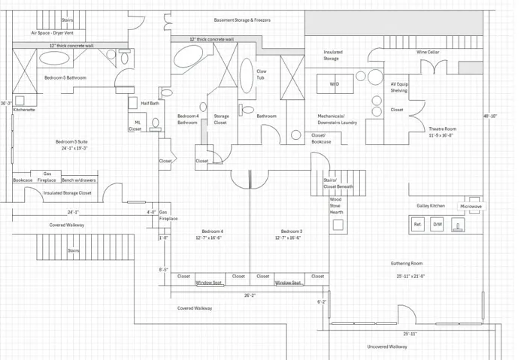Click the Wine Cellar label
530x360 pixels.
pyautogui.click(x=429, y=52)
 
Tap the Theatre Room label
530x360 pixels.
pyautogui.click(x=443, y=129)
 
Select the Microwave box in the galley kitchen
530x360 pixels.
pyautogui.click(x=471, y=206)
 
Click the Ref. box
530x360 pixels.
pyautogui.click(x=418, y=224)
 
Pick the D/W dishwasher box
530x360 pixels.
pyautogui.click(x=437, y=224)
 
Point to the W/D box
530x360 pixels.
pyautogui.click(x=335, y=84)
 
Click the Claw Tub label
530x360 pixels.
pyautogui.click(x=262, y=74)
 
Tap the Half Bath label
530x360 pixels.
pyautogui.click(x=150, y=103)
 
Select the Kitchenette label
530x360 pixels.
pyautogui.click(x=24, y=110)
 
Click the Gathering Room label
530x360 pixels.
pyautogui.click(x=407, y=264)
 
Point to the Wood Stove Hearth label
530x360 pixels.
pyautogui.click(x=336, y=206)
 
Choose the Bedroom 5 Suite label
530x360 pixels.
pyautogui.click(x=71, y=141)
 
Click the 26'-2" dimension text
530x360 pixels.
pyautogui.click(x=250, y=295)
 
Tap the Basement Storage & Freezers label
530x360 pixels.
pyautogui.click(x=242, y=20)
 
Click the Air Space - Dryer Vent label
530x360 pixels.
pyautogui.click(x=52, y=33)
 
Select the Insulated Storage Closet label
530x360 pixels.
pyautogui.click(x=67, y=192)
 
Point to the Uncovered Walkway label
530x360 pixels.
pyautogui.click(x=387, y=346)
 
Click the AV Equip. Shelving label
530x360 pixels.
pyautogui.click(x=398, y=87)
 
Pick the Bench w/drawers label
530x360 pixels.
pyautogui.click(x=79, y=180)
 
